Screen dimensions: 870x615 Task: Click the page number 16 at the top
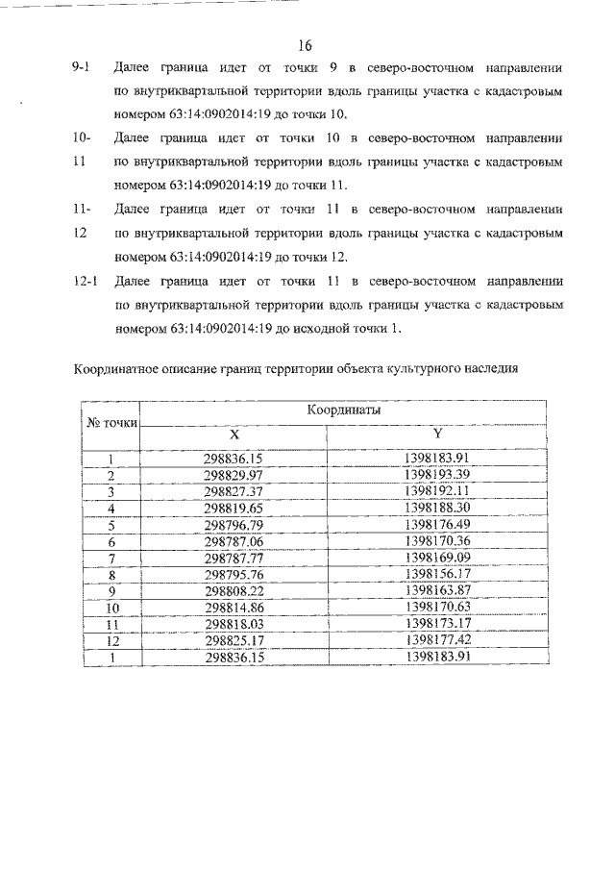pos(306,45)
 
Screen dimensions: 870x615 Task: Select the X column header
pos(234,434)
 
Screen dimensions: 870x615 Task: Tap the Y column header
pos(436,434)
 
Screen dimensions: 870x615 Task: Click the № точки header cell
pos(111,423)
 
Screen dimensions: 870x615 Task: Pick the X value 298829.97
pos(234,476)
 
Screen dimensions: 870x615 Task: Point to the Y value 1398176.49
pos(436,524)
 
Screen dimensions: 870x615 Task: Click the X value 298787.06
pos(234,540)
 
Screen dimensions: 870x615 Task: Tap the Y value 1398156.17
pos(436,574)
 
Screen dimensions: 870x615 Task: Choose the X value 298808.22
pos(234,590)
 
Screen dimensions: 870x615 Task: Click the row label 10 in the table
pos(111,608)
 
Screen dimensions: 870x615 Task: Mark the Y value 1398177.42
pos(436,640)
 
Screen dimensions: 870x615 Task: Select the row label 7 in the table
pos(111,558)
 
